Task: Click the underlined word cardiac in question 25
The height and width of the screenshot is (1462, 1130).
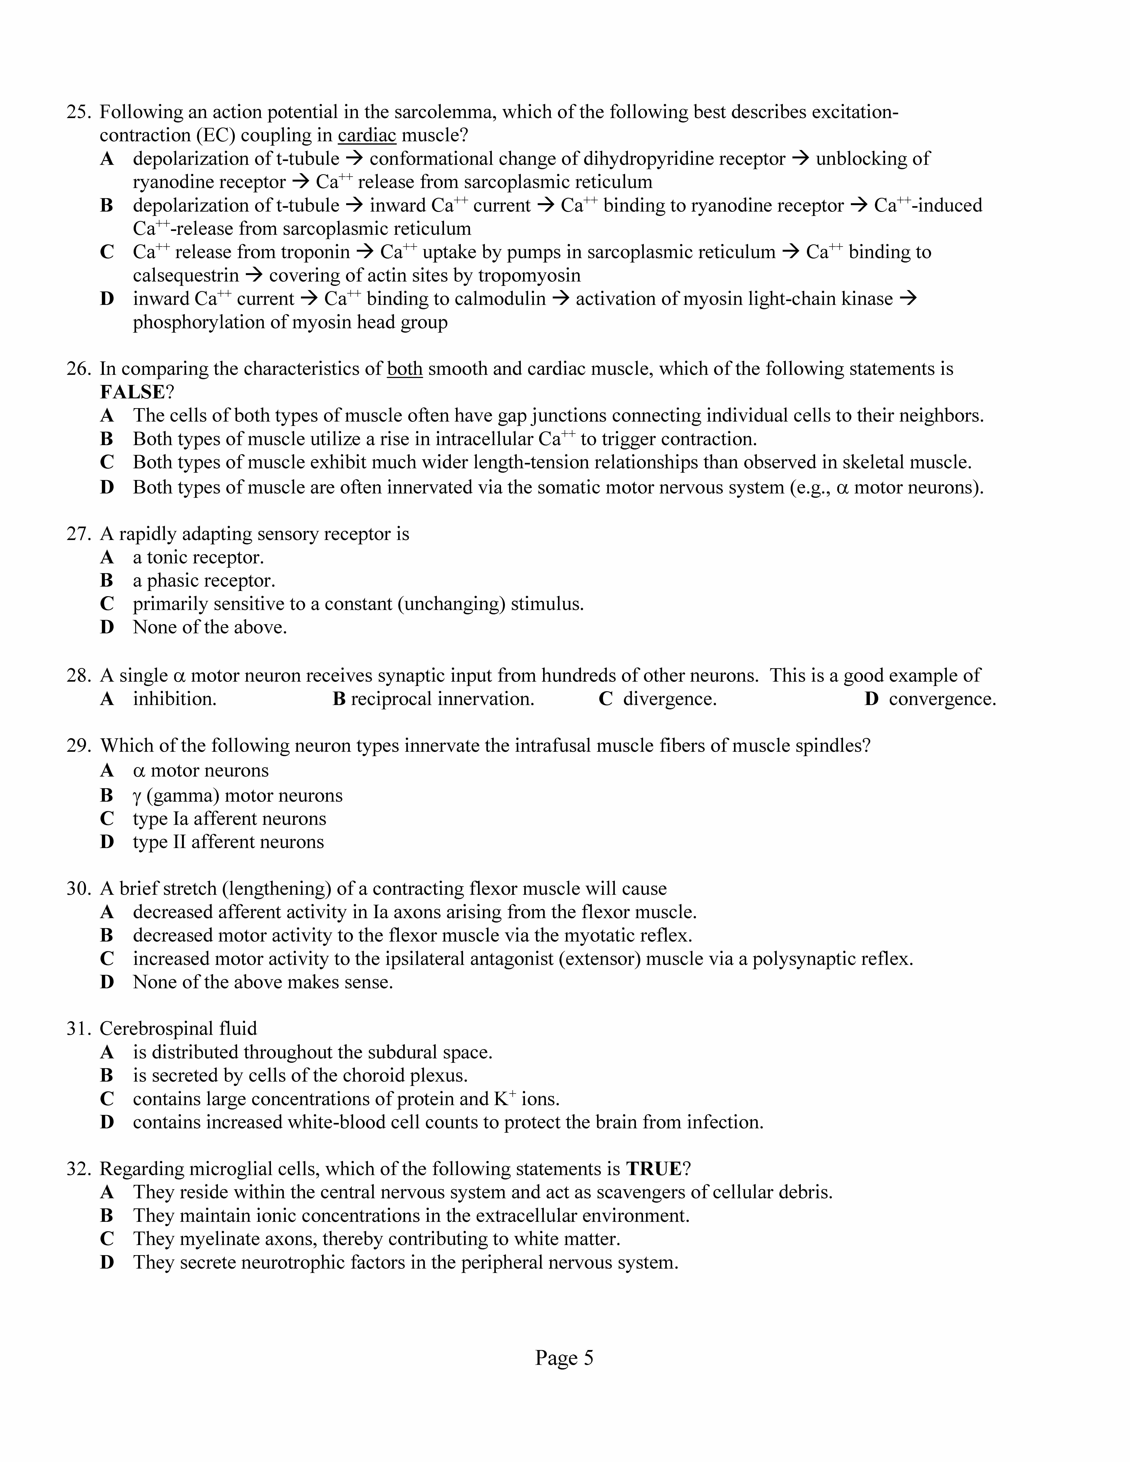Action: click(x=367, y=136)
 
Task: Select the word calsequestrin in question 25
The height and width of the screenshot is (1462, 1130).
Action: click(x=185, y=276)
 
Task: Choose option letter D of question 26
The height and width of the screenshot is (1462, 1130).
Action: click(x=107, y=487)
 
